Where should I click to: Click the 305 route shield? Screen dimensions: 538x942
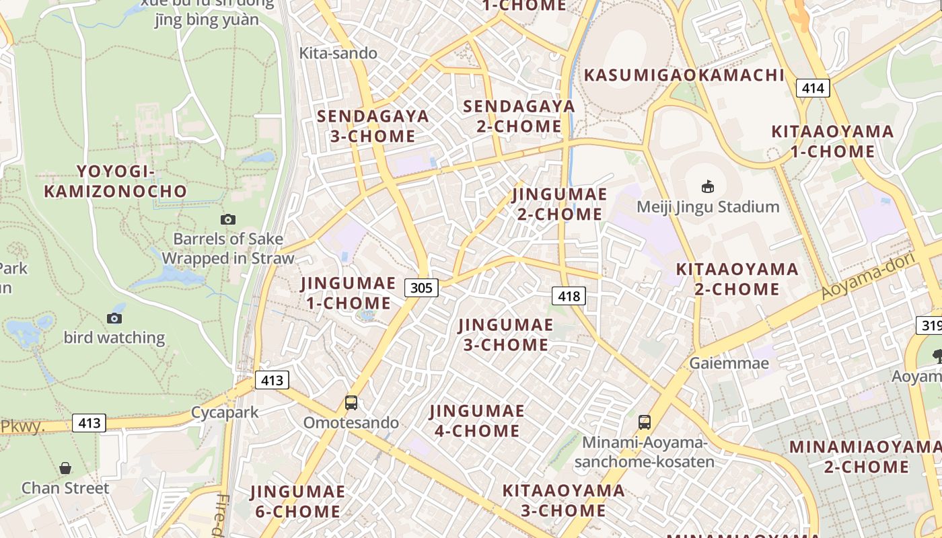pos(421,288)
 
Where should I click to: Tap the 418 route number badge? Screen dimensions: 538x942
pos(569,295)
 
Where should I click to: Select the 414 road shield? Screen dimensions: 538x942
pos(813,87)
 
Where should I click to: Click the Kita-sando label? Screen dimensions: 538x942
pos(338,53)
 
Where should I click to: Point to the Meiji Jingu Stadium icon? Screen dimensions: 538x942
pos(707,186)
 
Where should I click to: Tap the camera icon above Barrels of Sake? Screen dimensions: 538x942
pos(228,219)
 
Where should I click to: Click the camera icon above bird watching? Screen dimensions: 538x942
pos(114,318)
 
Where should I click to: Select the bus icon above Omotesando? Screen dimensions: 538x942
pos(351,403)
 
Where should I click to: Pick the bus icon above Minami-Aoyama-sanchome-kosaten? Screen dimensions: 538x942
pos(644,422)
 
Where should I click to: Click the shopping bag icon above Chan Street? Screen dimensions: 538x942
pos(65,467)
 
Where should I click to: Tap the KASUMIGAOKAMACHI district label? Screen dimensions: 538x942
pos(684,75)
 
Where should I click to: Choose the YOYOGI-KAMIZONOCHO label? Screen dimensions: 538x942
pos(116,182)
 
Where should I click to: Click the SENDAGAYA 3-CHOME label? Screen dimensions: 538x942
pos(373,126)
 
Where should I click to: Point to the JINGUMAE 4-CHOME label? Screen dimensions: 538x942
pos(477,420)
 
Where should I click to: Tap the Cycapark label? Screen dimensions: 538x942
pos(225,412)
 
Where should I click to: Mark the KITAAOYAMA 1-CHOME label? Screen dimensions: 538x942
pos(832,141)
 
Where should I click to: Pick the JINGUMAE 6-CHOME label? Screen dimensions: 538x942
pos(298,501)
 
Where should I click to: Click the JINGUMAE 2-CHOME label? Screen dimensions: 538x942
pos(559,204)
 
